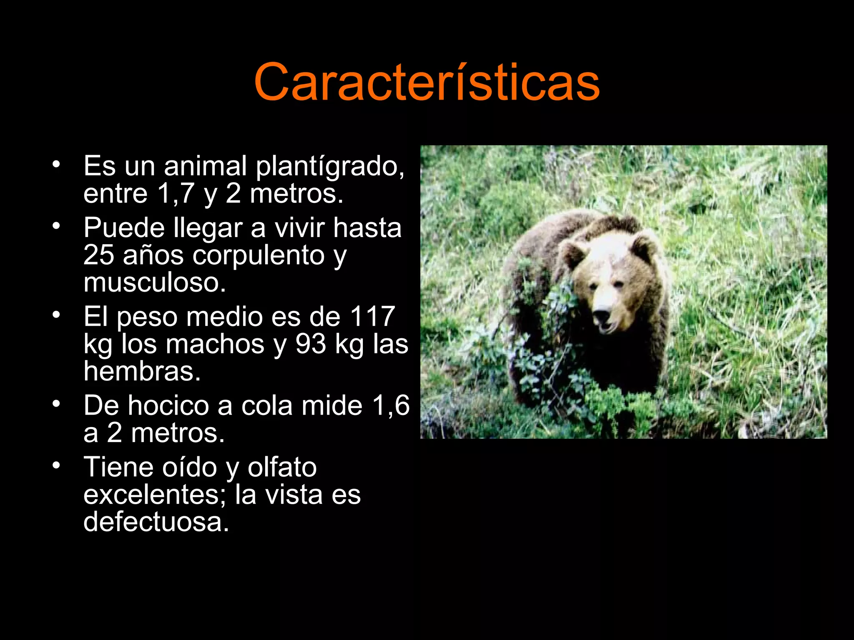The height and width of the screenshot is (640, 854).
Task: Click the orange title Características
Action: [427, 82]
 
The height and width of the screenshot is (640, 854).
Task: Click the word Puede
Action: [122, 228]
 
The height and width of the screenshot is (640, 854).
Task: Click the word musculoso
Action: [155, 282]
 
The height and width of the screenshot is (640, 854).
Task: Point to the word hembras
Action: [142, 371]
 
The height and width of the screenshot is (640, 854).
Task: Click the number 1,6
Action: [391, 405]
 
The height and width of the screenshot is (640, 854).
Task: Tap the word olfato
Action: [282, 467]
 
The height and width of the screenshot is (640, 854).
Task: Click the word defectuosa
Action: [156, 522]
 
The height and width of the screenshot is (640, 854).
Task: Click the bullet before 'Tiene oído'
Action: [56, 465]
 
